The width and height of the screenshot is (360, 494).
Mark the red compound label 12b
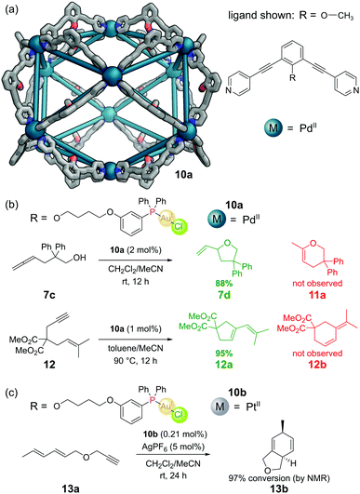point(311,361)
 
